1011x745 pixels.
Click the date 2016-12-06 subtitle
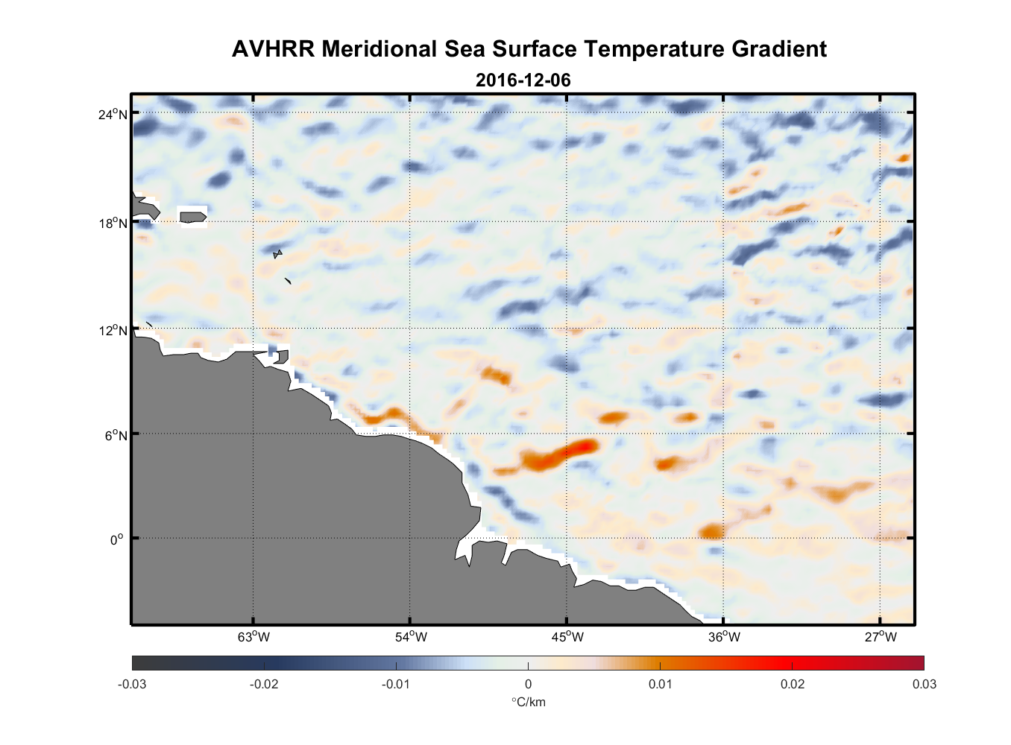coord(523,80)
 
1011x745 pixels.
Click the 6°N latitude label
coord(116,435)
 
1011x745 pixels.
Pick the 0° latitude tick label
coord(118,539)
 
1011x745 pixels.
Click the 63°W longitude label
coord(253,637)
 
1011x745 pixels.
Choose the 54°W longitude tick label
coord(411,637)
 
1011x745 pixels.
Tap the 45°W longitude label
coord(567,637)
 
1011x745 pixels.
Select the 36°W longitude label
coord(724,637)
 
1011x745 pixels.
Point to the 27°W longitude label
coord(881,637)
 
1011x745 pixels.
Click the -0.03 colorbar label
coord(132,684)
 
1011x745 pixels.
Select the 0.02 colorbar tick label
coord(792,684)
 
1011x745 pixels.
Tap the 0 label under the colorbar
coord(528,684)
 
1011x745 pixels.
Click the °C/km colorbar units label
coord(528,702)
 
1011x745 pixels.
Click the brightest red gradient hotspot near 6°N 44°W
coord(586,446)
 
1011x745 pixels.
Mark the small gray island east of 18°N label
coord(192,217)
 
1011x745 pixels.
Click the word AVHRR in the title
coord(273,49)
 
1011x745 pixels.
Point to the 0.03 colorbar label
coord(924,684)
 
